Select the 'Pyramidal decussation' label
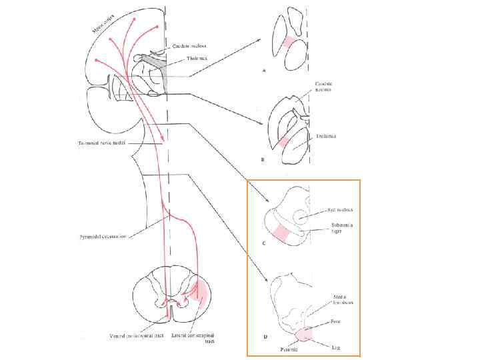click(x=99, y=235)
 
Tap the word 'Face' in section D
click(x=337, y=321)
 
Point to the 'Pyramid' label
click(x=289, y=348)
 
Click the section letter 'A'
click(x=266, y=68)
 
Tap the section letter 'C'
click(x=265, y=245)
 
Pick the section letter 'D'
click(x=265, y=337)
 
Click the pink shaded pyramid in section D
click(x=307, y=334)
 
